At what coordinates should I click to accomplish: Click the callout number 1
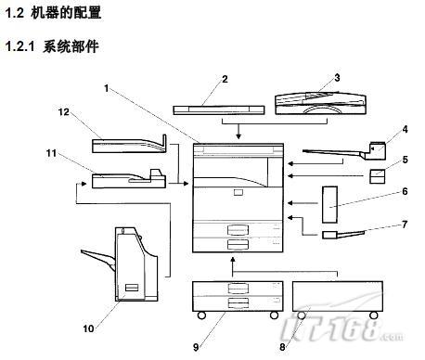point(107,88)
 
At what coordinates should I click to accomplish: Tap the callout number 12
point(64,112)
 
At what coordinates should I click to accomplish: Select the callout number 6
point(405,191)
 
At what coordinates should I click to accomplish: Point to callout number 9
point(196,347)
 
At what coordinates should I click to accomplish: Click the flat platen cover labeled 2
point(219,110)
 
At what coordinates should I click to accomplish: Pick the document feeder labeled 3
point(321,103)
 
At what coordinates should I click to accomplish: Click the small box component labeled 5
point(378,176)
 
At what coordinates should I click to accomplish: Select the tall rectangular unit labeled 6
point(329,204)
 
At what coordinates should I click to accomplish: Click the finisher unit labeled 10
point(132,264)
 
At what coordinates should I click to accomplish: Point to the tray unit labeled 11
point(129,179)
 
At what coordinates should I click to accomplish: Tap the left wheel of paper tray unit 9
point(201,315)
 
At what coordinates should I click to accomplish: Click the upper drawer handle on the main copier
point(238,230)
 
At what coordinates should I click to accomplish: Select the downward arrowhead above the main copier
point(238,136)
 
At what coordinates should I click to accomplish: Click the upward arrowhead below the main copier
point(233,259)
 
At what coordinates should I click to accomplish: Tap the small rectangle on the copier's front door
point(238,192)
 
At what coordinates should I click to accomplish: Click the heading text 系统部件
point(71,46)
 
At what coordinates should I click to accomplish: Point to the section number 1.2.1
point(19,46)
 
